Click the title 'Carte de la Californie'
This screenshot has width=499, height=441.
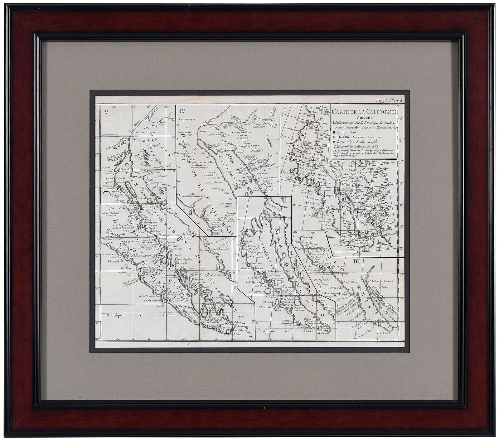click(364, 112)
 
